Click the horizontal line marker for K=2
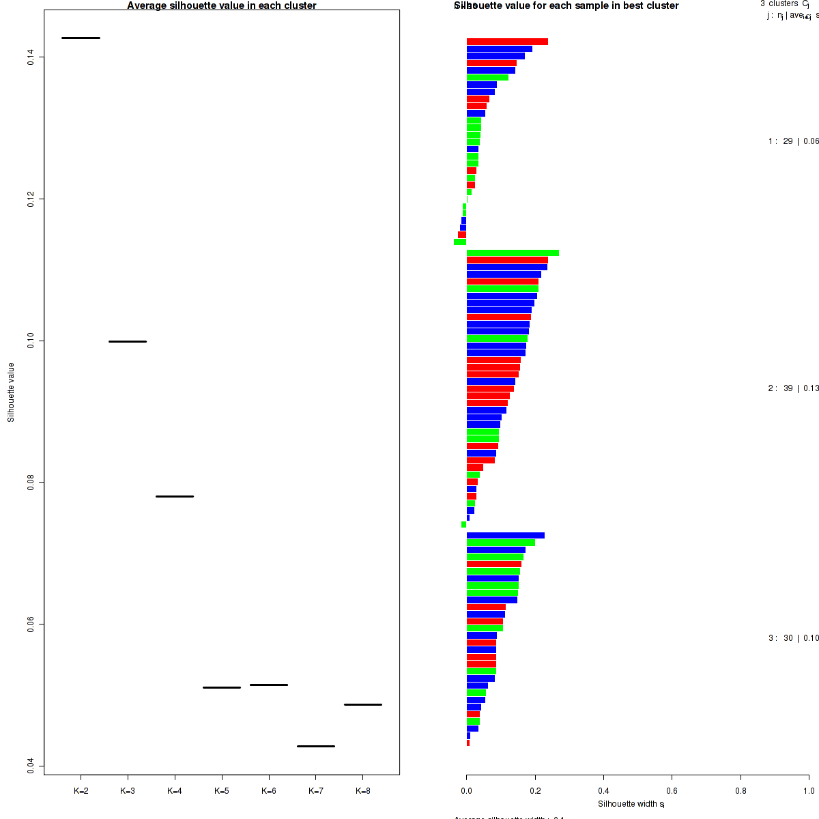click(x=81, y=38)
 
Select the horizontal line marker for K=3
click(x=128, y=341)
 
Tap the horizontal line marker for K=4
click(x=175, y=496)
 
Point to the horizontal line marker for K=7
click(x=316, y=746)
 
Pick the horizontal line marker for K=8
click(x=363, y=704)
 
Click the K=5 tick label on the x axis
click(x=222, y=791)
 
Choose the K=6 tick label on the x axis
click(x=269, y=791)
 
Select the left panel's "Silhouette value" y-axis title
click(x=11, y=392)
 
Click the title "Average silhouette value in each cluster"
click(x=222, y=5)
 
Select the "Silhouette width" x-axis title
click(x=631, y=804)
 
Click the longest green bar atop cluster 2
click(x=513, y=253)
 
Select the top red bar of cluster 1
click(x=507, y=42)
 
